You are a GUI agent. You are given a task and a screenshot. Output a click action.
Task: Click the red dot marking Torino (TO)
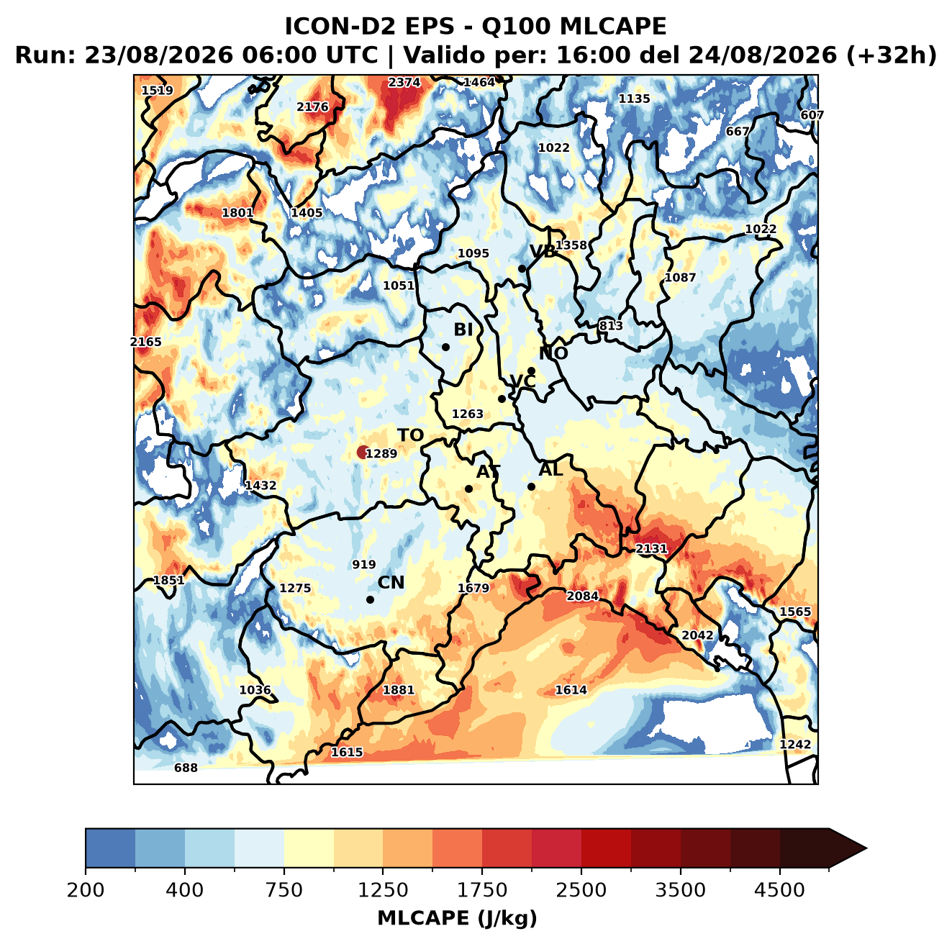click(362, 452)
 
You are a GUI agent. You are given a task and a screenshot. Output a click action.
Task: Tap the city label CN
click(391, 582)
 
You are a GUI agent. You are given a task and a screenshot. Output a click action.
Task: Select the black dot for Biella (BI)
click(445, 347)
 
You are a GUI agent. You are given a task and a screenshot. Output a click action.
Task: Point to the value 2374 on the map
click(404, 83)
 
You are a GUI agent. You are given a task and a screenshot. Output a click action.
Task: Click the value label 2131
click(651, 548)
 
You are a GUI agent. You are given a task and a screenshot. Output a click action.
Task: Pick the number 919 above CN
click(364, 564)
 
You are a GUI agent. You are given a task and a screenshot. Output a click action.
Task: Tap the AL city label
click(551, 469)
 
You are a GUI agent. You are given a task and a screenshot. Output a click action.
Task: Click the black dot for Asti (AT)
click(468, 489)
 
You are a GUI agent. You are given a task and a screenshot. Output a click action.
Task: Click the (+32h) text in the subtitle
click(892, 55)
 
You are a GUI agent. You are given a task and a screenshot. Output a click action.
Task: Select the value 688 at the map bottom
click(186, 768)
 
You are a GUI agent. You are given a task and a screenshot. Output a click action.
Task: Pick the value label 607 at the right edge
click(812, 115)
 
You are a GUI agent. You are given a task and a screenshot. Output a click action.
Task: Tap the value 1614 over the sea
click(571, 689)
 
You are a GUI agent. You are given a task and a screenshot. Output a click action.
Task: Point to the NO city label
click(553, 354)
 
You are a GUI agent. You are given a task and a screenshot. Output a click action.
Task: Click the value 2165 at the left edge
click(146, 342)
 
